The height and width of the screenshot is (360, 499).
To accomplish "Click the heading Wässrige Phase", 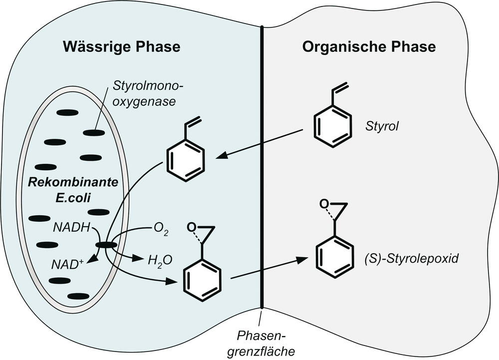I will (121, 47).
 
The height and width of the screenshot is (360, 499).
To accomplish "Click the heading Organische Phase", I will (369, 47).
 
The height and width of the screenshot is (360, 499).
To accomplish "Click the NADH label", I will (70, 228).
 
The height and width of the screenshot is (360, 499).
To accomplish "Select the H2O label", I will (156, 260).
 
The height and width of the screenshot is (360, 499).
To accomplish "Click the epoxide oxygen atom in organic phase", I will (324, 204).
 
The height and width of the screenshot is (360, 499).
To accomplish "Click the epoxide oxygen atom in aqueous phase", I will (190, 228).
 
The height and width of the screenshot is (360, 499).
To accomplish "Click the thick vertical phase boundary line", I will (261, 165).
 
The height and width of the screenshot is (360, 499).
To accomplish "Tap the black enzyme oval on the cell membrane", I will (106, 245).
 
